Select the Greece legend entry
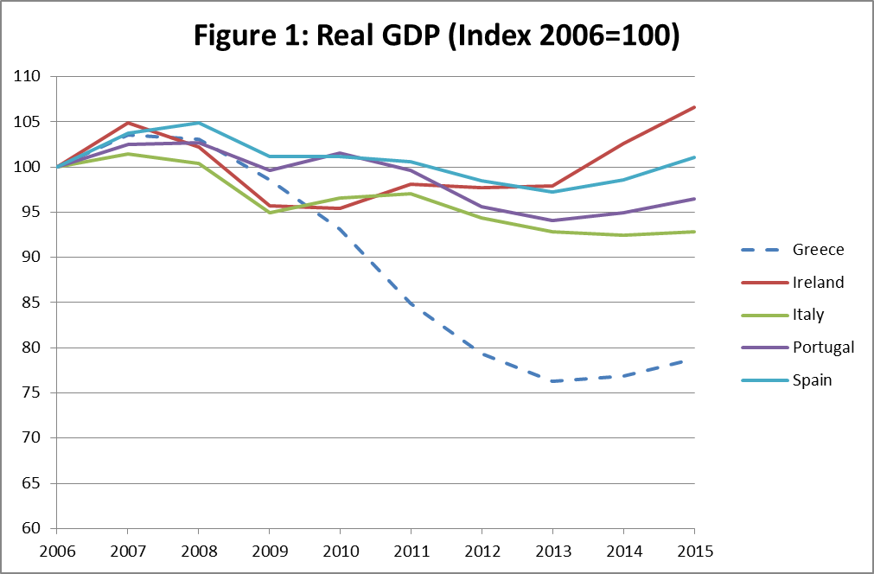pos(818,250)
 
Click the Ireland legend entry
pos(818,282)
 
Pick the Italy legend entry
pos(808,315)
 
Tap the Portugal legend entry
pos(823,348)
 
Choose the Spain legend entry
pos(812,380)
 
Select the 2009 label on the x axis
pos(269,550)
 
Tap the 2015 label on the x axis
pos(694,550)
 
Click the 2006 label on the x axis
pos(56,550)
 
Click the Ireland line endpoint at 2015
pos(694,107)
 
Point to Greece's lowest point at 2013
pos(552,381)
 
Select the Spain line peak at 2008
pos(198,123)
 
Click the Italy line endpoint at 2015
pos(694,232)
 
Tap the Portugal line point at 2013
pos(552,220)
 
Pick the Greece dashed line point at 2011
pos(411,303)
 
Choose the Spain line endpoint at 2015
pos(694,157)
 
